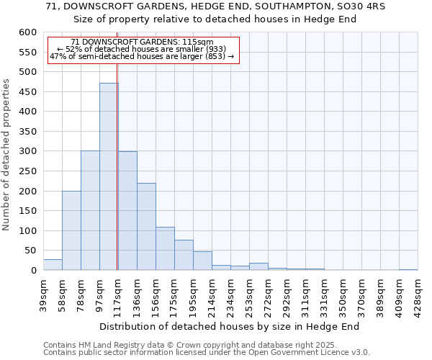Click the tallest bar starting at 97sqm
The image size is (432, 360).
point(109,176)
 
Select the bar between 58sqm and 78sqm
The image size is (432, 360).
point(71,230)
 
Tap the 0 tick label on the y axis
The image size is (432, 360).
point(33,271)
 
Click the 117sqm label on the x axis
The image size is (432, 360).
point(118,294)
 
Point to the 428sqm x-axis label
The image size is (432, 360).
point(417,294)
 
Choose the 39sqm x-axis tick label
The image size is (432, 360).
point(43,294)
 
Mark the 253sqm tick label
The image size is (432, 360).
point(249,294)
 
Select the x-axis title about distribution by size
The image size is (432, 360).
point(229,326)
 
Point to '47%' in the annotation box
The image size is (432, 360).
point(57,57)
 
